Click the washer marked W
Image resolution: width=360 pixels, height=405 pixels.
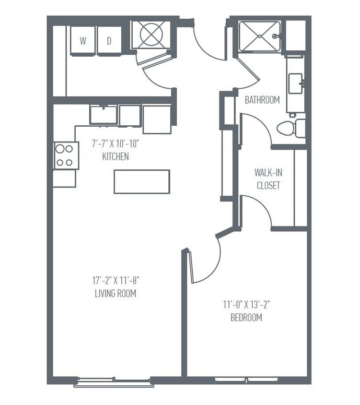pos(83,41)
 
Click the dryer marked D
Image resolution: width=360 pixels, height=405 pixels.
pos(109,41)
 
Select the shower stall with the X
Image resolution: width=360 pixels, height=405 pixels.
pos(259,36)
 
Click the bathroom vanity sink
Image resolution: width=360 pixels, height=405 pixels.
pos(296,85)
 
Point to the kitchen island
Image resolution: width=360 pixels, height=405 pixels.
pos(142,181)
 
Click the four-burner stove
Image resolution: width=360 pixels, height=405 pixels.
pos(66,155)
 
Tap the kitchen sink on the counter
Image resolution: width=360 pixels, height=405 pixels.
pos(104,115)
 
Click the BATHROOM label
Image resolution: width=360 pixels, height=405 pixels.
pos(262,100)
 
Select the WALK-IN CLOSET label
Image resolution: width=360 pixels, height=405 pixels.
pos(268,179)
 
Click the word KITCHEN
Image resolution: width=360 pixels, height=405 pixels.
pos(116,157)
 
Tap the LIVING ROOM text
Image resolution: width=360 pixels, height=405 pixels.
pos(116,294)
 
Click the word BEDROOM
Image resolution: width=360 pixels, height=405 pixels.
pos(246,317)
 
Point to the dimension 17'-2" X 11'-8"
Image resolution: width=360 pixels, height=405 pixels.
pos(116,281)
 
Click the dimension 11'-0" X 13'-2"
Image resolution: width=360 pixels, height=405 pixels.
pos(246,304)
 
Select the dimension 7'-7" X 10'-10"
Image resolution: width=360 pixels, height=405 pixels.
pos(116,143)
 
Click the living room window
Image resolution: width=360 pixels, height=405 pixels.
pos(114,382)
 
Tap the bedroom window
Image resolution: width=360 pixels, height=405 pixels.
pos(246,380)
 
